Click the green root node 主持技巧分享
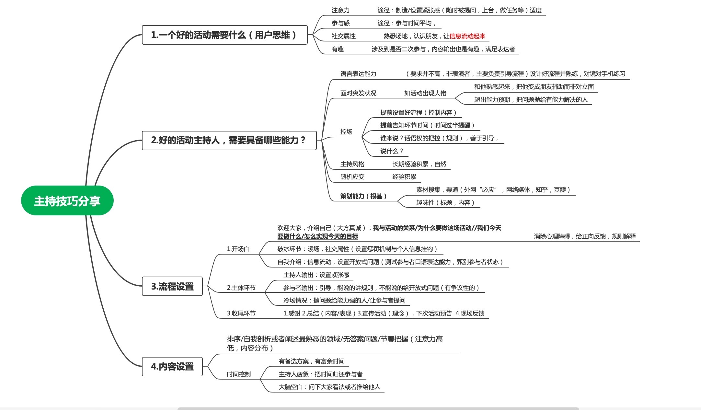click(67, 200)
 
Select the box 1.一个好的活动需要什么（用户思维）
click(224, 35)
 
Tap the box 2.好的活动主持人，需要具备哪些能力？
click(229, 140)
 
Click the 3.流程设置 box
click(172, 286)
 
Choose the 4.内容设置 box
click(172, 366)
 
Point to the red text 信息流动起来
click(467, 36)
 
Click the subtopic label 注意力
click(340, 10)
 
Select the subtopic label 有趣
click(338, 49)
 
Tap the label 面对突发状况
click(358, 93)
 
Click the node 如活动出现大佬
click(425, 93)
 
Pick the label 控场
click(346, 132)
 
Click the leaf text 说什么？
click(392, 151)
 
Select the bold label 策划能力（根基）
click(363, 196)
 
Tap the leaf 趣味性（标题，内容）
click(445, 203)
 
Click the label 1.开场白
click(238, 249)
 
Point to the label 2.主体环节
click(241, 288)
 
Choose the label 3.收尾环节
click(241, 313)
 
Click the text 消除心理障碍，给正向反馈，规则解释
click(585, 236)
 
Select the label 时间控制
click(239, 374)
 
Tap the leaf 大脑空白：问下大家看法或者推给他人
click(329, 387)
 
